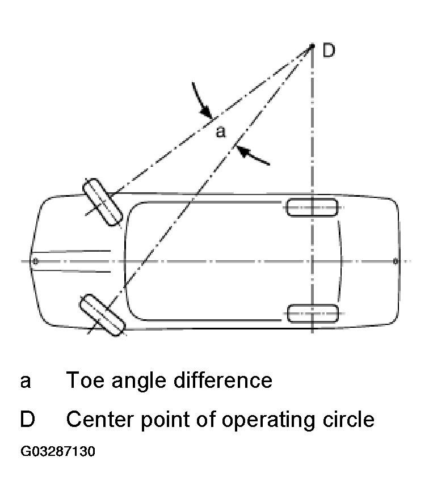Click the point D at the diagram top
coord(312,46)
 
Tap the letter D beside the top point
coord(329,50)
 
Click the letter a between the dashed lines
coord(221,132)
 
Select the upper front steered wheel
coord(103,201)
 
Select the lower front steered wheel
coord(101,315)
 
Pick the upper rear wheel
coord(312,208)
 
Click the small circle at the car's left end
coord(35,261)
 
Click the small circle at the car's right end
coord(396,261)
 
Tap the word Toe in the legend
coord(85,380)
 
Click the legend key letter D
coord(27,420)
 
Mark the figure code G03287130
coord(57,452)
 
